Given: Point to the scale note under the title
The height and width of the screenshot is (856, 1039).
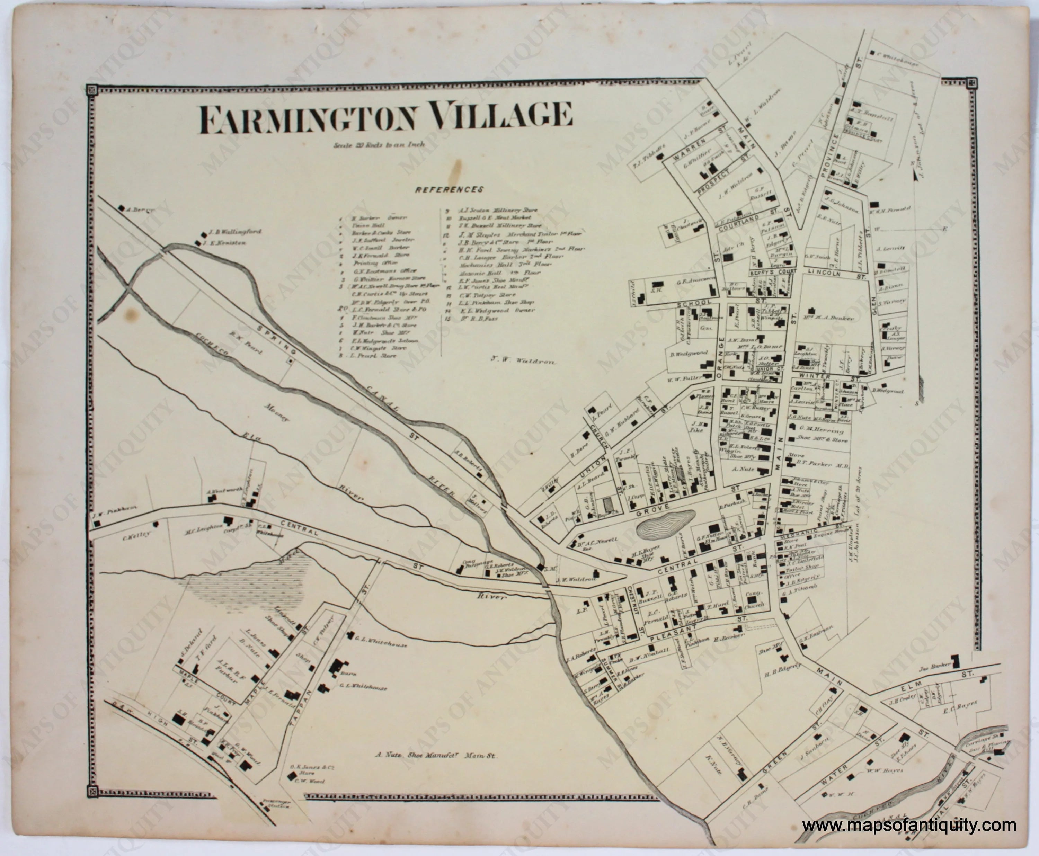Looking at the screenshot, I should (379, 145).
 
